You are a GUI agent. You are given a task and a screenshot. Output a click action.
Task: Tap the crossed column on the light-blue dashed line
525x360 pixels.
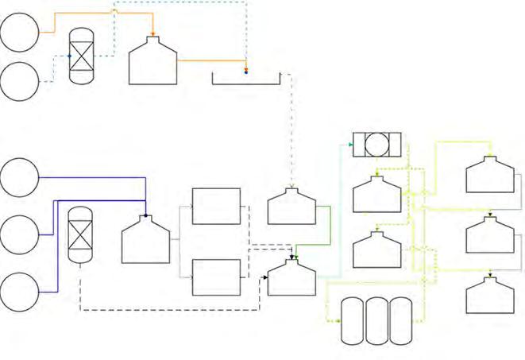point(81,57)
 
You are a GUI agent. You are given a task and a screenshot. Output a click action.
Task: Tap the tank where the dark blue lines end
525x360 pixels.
point(145,238)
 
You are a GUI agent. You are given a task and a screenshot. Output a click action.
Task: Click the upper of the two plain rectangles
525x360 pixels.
point(216,207)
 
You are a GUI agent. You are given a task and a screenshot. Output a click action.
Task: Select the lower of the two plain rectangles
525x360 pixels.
point(216,277)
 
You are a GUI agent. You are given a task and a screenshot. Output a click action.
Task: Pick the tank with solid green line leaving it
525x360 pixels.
point(291,207)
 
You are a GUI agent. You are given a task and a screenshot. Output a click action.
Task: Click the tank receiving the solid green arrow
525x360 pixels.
point(291,278)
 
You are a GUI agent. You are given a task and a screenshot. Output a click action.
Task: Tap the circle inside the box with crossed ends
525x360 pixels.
point(377,145)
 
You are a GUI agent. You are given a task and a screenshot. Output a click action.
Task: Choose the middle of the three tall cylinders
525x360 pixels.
point(377,320)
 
